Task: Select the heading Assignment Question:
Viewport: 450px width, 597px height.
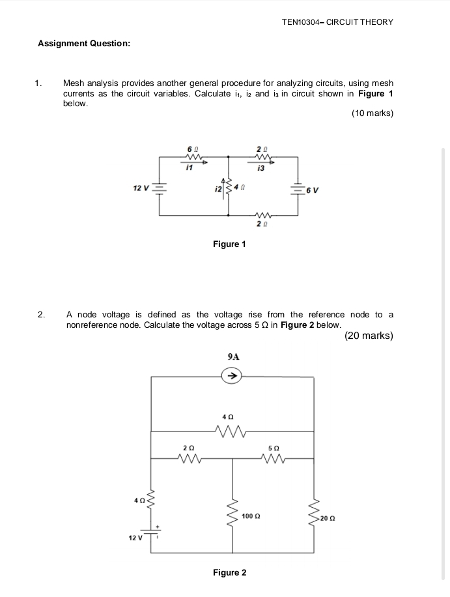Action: tap(84, 43)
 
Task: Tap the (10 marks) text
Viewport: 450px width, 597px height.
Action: tap(373, 113)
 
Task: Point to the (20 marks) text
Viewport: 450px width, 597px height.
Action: tap(369, 336)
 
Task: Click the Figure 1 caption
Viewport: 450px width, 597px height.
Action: tap(229, 244)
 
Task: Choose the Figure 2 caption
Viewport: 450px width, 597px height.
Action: tap(229, 572)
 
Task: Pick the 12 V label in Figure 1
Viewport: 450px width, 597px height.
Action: tap(141, 188)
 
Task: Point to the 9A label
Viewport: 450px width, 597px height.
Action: tap(233, 357)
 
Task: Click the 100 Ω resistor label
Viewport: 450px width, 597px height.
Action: tap(251, 516)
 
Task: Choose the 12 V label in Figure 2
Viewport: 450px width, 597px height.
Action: tap(135, 538)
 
